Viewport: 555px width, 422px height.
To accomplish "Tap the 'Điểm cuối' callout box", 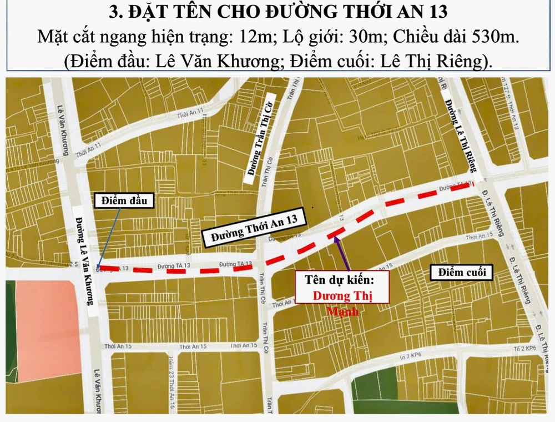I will (x=461, y=272).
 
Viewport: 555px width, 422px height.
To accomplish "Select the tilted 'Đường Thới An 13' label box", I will (x=254, y=227).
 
